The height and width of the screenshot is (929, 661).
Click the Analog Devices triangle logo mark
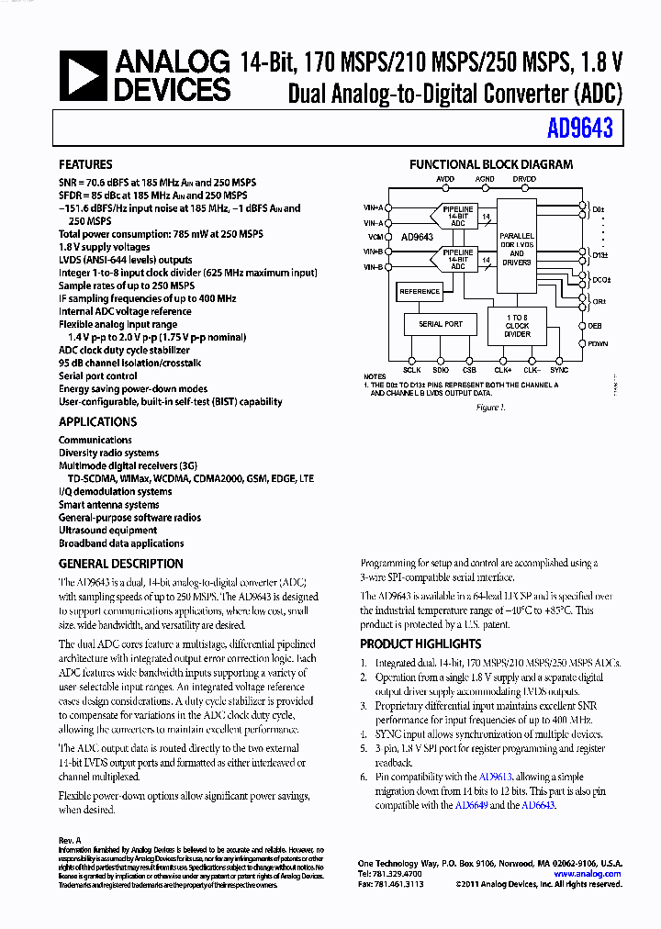[x=84, y=76]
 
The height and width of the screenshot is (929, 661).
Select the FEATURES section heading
[x=85, y=164]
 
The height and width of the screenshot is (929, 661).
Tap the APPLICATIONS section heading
[x=97, y=421]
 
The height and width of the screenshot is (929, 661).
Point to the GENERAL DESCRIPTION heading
[x=120, y=564]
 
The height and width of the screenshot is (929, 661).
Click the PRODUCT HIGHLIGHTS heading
[x=420, y=644]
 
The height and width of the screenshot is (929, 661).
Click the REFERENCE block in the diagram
[x=420, y=292]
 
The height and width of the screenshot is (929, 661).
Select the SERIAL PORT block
[x=441, y=324]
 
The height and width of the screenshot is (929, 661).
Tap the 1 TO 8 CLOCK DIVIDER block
[x=517, y=327]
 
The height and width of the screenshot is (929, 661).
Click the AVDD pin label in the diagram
[x=445, y=179]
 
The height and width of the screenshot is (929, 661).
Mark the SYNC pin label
[x=559, y=369]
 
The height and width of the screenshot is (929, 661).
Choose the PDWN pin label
[x=599, y=343]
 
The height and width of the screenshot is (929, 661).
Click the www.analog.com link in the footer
[x=588, y=874]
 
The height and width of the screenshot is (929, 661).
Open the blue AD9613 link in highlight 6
[x=497, y=777]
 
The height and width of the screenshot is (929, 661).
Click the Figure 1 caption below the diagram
[x=491, y=407]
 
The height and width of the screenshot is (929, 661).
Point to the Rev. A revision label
[x=70, y=840]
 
